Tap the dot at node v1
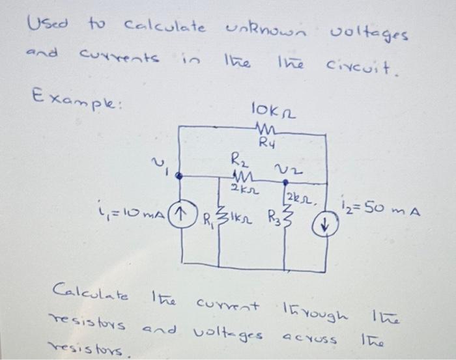(x=180, y=175)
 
